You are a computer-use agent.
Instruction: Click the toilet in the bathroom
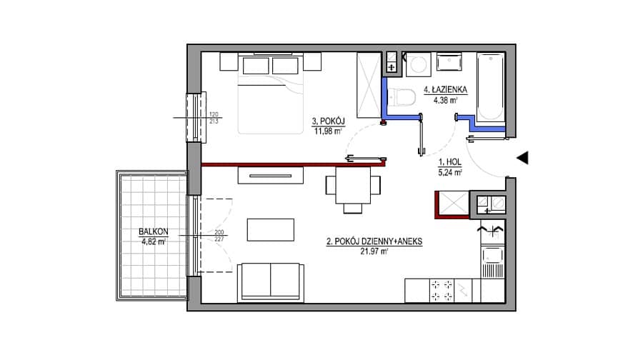(x=401, y=98)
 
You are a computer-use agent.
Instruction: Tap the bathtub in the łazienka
(x=490, y=87)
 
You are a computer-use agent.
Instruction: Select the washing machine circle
(x=418, y=64)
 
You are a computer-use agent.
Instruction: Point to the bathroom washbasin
(x=449, y=62)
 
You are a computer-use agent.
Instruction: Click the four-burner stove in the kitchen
(x=442, y=290)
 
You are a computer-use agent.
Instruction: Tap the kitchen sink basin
(x=492, y=256)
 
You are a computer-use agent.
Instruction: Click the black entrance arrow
(x=522, y=158)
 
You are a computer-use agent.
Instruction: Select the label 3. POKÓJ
(x=328, y=121)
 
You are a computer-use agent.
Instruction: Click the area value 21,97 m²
(x=374, y=251)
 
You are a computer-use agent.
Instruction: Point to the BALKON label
(x=154, y=231)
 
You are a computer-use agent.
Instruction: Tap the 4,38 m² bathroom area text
(x=446, y=99)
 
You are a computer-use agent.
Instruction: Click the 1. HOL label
(x=450, y=162)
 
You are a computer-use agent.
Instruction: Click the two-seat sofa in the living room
(x=271, y=283)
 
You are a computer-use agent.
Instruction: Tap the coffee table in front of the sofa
(x=271, y=229)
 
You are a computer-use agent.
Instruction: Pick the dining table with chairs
(x=353, y=187)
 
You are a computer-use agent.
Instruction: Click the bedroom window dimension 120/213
(x=214, y=118)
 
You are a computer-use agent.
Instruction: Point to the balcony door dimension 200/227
(x=219, y=236)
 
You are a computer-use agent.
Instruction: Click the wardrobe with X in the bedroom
(x=369, y=85)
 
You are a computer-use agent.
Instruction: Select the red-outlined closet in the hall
(x=452, y=204)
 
